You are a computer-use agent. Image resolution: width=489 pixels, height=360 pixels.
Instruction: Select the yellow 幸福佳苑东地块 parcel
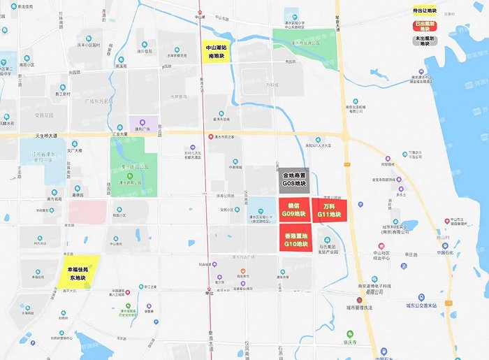(82, 268)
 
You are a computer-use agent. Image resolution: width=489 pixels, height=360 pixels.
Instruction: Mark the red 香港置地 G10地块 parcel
(294, 240)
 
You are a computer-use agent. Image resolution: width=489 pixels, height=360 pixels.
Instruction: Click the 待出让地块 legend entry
(425, 11)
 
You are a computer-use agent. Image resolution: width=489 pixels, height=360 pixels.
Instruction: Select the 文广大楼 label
(75, 150)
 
